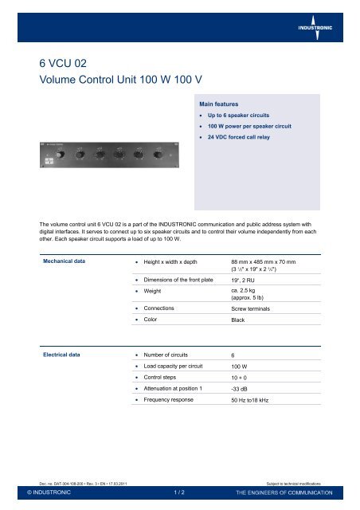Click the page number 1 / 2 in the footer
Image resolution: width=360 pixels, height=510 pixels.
180,493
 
